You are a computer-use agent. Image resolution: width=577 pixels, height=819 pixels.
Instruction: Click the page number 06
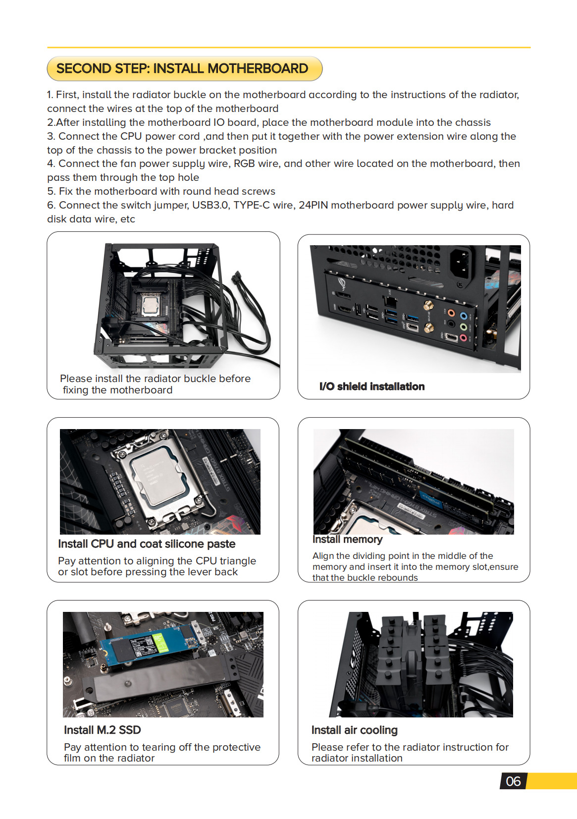[x=513, y=781]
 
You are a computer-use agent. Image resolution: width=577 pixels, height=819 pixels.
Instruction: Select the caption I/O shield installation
[x=371, y=386]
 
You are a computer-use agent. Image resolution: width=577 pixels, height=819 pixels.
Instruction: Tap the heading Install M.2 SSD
[x=102, y=730]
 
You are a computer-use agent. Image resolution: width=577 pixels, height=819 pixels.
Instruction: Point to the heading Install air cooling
[x=354, y=730]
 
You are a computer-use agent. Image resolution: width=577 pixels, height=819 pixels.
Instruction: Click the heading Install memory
[x=347, y=539]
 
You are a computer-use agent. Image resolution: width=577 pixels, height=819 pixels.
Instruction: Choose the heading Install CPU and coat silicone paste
[x=146, y=544]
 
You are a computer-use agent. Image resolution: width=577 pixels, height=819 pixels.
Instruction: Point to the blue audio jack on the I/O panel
[x=463, y=316]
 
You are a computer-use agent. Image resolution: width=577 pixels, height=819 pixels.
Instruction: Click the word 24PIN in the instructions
[x=313, y=205]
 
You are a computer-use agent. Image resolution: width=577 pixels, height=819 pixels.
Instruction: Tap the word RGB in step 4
[x=244, y=164]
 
